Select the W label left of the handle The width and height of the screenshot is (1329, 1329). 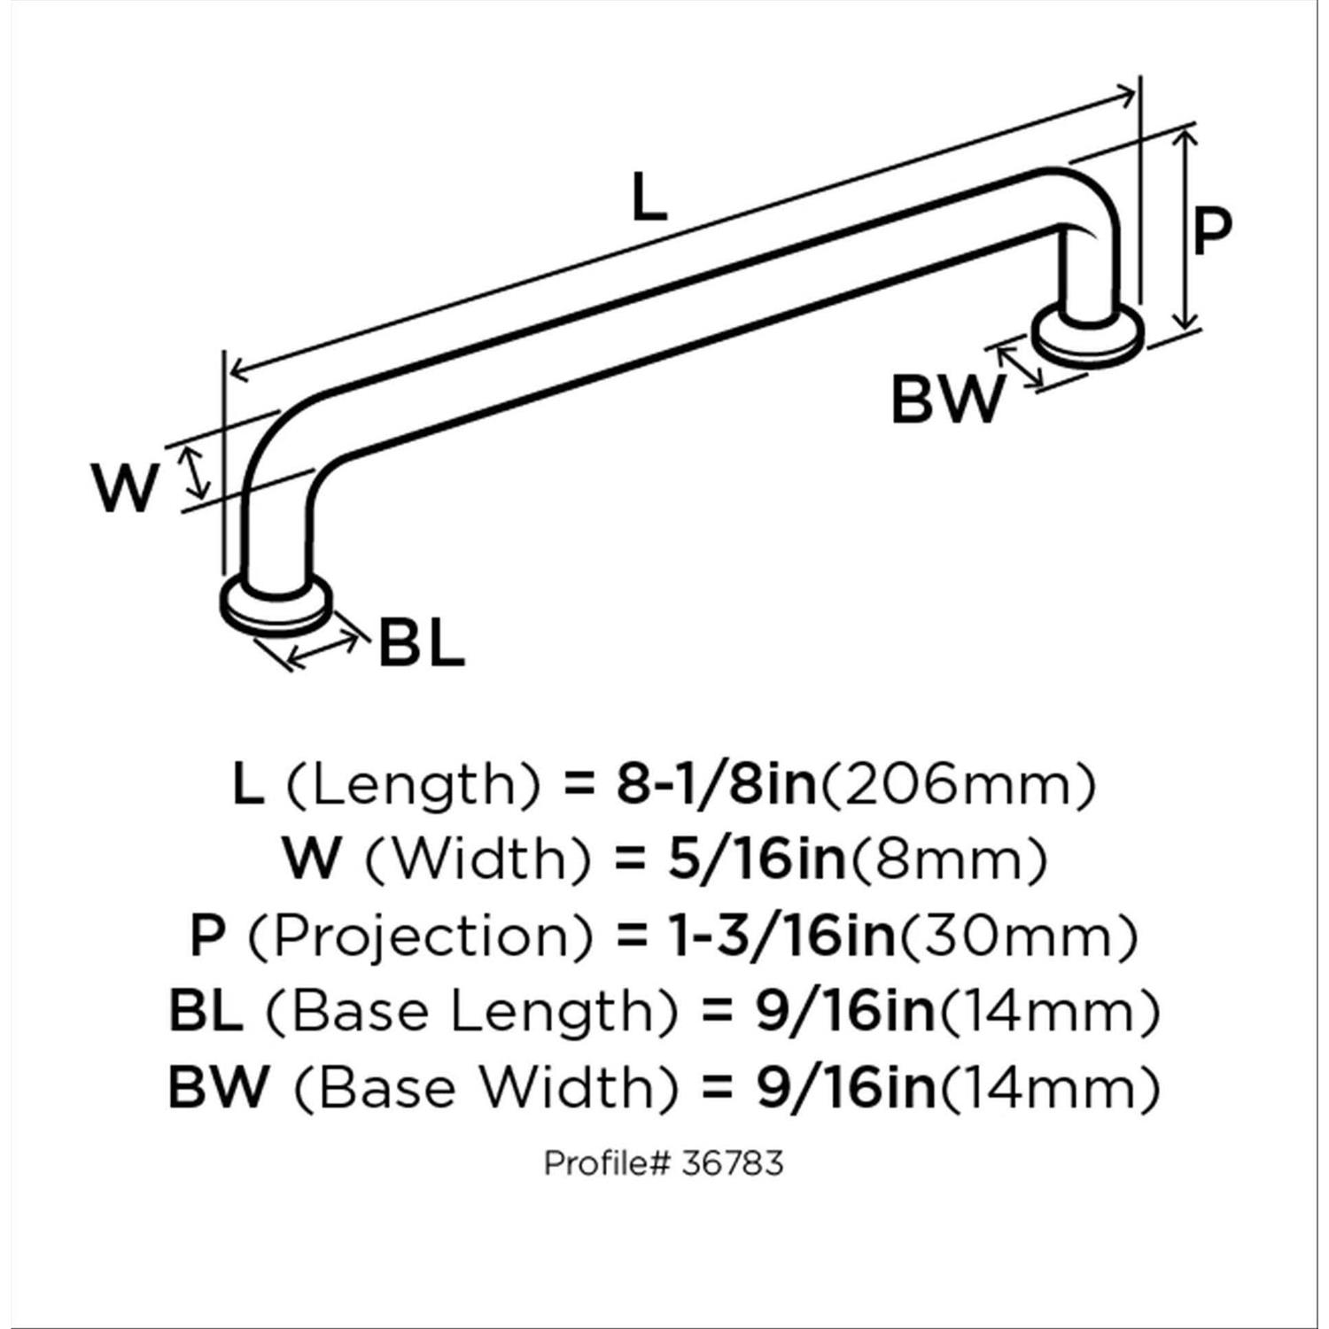click(x=126, y=488)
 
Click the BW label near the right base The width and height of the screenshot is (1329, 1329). click(x=946, y=400)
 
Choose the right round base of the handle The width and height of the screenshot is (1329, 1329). click(x=1088, y=334)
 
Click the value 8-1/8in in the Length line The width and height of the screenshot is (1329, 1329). click(x=716, y=784)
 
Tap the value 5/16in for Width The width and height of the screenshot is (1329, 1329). click(x=757, y=859)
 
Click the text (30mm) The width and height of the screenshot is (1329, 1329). click(x=1017, y=936)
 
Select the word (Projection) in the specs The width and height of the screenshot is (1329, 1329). click(x=419, y=936)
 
